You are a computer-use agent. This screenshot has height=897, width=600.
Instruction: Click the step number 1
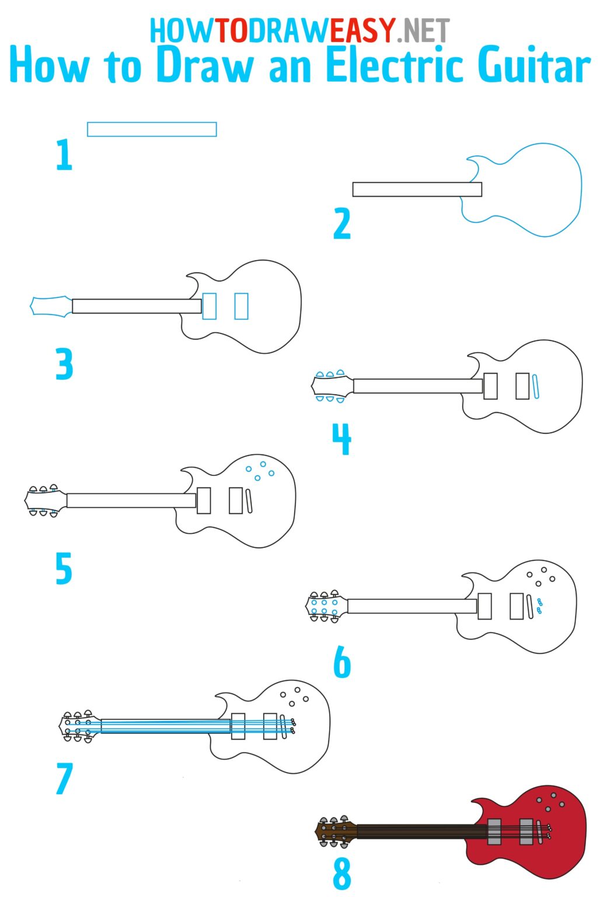tap(64, 155)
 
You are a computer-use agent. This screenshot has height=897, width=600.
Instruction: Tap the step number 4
tap(342, 439)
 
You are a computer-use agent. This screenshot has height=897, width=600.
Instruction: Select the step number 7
tap(64, 779)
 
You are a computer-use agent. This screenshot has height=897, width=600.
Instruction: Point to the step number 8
tap(342, 874)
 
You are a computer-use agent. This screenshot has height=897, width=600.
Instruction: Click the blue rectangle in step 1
tap(152, 129)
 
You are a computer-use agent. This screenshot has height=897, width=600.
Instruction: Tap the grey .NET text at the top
tap(423, 30)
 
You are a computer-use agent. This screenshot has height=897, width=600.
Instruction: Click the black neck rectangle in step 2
tap(417, 189)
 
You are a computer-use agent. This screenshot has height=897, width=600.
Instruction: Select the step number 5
tap(64, 569)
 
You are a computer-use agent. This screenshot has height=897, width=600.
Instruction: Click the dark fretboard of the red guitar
tap(420, 831)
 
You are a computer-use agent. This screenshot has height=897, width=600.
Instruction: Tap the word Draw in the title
tap(204, 65)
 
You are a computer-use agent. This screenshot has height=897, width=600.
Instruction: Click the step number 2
tap(342, 224)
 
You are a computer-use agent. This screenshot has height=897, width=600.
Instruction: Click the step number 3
tap(64, 364)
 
